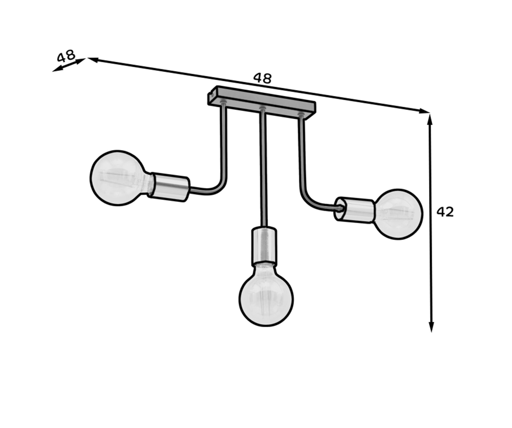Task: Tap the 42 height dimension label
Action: [445, 212]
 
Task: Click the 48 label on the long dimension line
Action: [263, 78]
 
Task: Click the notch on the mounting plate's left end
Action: [211, 94]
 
